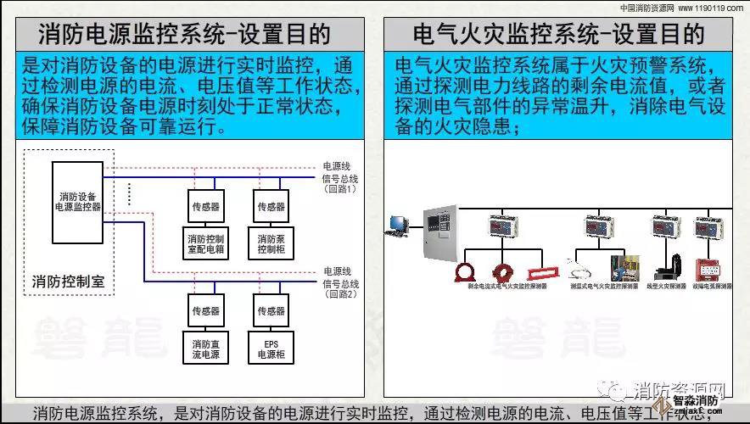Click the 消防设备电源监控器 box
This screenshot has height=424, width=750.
(77, 201)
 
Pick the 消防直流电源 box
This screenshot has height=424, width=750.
(205, 348)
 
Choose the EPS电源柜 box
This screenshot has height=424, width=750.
(271, 348)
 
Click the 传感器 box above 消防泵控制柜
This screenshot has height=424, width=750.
(271, 206)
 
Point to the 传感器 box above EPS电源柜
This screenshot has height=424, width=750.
(271, 310)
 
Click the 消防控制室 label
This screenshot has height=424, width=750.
(67, 281)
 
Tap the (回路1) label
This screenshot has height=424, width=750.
(341, 189)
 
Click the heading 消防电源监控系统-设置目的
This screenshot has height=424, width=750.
(184, 34)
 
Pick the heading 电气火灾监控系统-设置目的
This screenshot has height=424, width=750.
(558, 34)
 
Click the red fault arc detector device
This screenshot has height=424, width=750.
(709, 270)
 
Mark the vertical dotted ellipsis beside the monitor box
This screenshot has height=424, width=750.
(129, 193)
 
